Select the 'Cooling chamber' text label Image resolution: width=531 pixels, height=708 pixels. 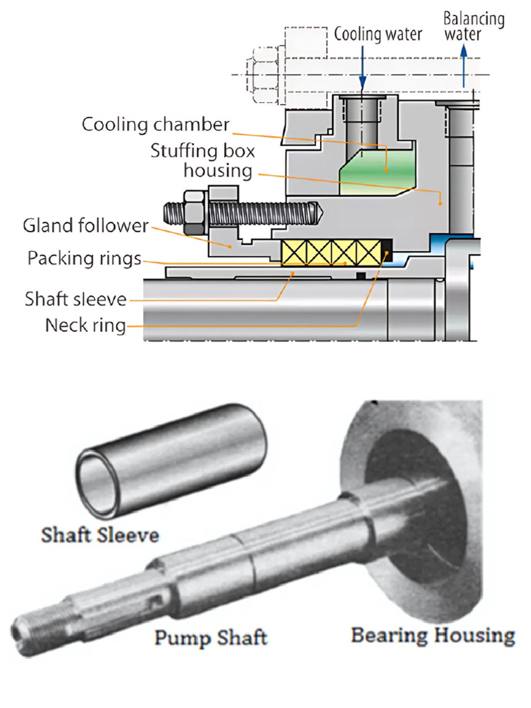click(x=155, y=125)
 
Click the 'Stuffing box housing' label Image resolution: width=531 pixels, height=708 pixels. click(x=203, y=160)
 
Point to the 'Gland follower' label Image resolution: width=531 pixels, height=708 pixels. click(x=86, y=225)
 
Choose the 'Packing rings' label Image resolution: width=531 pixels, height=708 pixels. click(x=84, y=259)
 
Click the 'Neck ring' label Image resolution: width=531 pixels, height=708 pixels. click(x=86, y=324)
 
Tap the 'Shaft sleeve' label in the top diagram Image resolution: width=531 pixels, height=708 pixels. click(x=76, y=299)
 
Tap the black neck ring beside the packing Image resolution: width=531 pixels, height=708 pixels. click(x=386, y=253)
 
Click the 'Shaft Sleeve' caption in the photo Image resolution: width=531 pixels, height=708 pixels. click(x=100, y=534)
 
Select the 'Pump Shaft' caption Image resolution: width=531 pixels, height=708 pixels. click(x=210, y=636)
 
